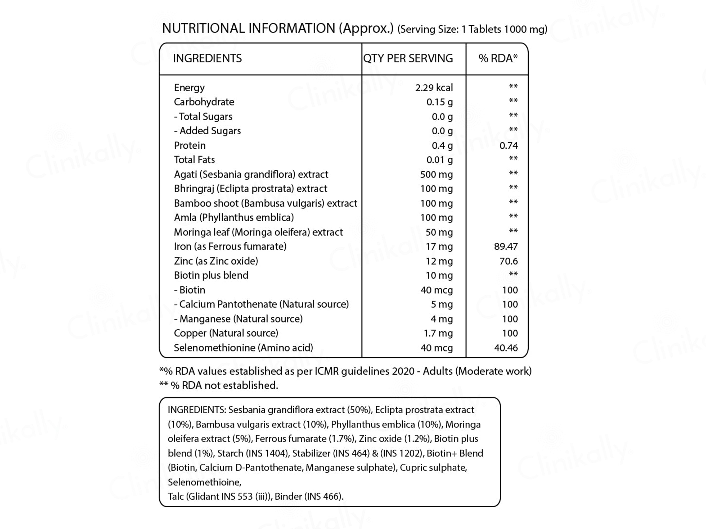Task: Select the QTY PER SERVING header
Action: (x=408, y=58)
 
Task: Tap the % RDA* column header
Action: (x=498, y=58)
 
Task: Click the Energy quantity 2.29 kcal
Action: (x=434, y=88)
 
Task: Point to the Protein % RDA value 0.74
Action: (x=509, y=146)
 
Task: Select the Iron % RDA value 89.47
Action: (x=506, y=247)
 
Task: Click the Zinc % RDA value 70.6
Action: (x=509, y=261)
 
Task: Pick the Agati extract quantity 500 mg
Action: (x=436, y=174)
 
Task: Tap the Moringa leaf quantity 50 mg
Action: (x=439, y=232)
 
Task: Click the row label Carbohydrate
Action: (x=204, y=102)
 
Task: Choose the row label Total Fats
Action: (x=194, y=160)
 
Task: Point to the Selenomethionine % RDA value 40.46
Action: (x=506, y=348)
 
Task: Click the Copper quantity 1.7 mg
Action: (x=438, y=333)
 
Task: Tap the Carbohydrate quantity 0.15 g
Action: (x=439, y=102)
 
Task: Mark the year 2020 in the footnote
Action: (x=403, y=371)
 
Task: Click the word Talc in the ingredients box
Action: (x=176, y=496)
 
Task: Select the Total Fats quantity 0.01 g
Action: (x=439, y=160)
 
